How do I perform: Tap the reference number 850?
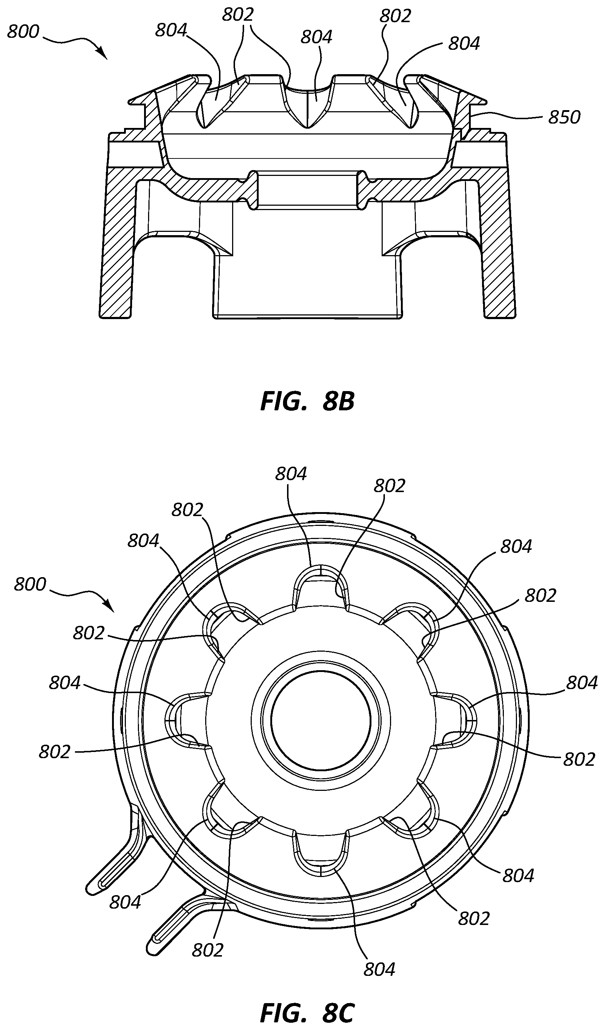pyautogui.click(x=565, y=118)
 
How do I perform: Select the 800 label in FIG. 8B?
pyautogui.click(x=23, y=32)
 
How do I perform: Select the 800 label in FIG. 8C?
pyautogui.click(x=30, y=584)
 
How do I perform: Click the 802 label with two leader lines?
pyautogui.click(x=238, y=15)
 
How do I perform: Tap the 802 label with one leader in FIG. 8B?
pyautogui.click(x=395, y=16)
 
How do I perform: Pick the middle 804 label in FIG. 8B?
pyautogui.click(x=316, y=37)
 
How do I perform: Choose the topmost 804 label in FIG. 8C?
pyautogui.click(x=291, y=474)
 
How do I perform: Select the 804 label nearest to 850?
pyautogui.click(x=464, y=43)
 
